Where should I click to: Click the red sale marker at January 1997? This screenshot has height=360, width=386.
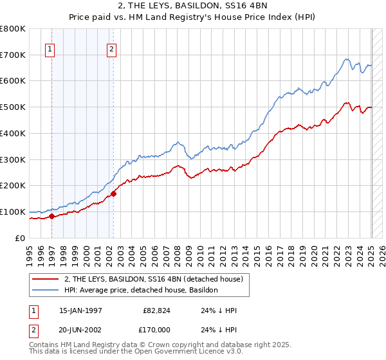pyautogui.click(x=52, y=216)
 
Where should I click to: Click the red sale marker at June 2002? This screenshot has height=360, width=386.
pyautogui.click(x=113, y=193)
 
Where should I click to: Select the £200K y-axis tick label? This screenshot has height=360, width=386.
pyautogui.click(x=14, y=185)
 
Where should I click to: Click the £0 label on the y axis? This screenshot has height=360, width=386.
pyautogui.click(x=21, y=238)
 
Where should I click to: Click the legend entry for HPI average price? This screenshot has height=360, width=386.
pyautogui.click(x=141, y=290)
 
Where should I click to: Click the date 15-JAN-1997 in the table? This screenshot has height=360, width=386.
pyautogui.click(x=80, y=310)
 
